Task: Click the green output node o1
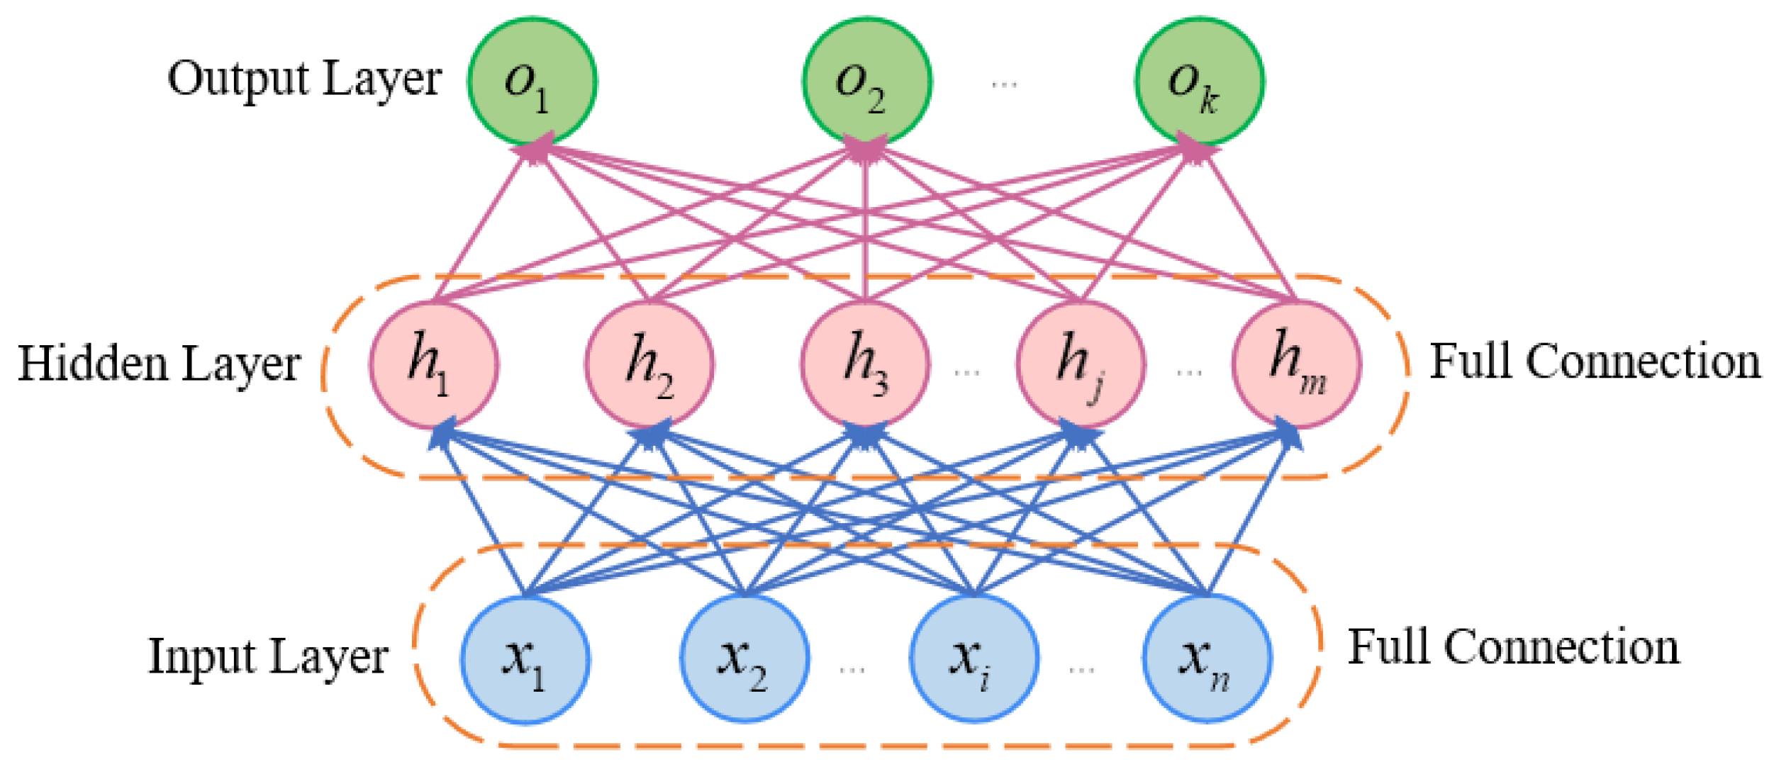pyautogui.click(x=532, y=82)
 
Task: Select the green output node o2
pyautogui.click(x=866, y=82)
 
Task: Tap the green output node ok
pyautogui.click(x=1200, y=82)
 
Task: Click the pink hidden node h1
pyautogui.click(x=433, y=364)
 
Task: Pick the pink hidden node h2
pyautogui.click(x=649, y=364)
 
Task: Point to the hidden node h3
pyautogui.click(x=865, y=364)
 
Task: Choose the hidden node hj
pyautogui.click(x=1081, y=364)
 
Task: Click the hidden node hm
pyautogui.click(x=1296, y=364)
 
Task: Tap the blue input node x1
pyautogui.click(x=525, y=659)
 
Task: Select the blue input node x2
pyautogui.click(x=744, y=659)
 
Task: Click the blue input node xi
pyautogui.click(x=974, y=659)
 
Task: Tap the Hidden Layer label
pyautogui.click(x=159, y=364)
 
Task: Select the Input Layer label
pyautogui.click(x=267, y=656)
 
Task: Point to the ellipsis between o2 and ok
pyautogui.click(x=1004, y=84)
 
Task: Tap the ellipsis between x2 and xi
pyautogui.click(x=852, y=669)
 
